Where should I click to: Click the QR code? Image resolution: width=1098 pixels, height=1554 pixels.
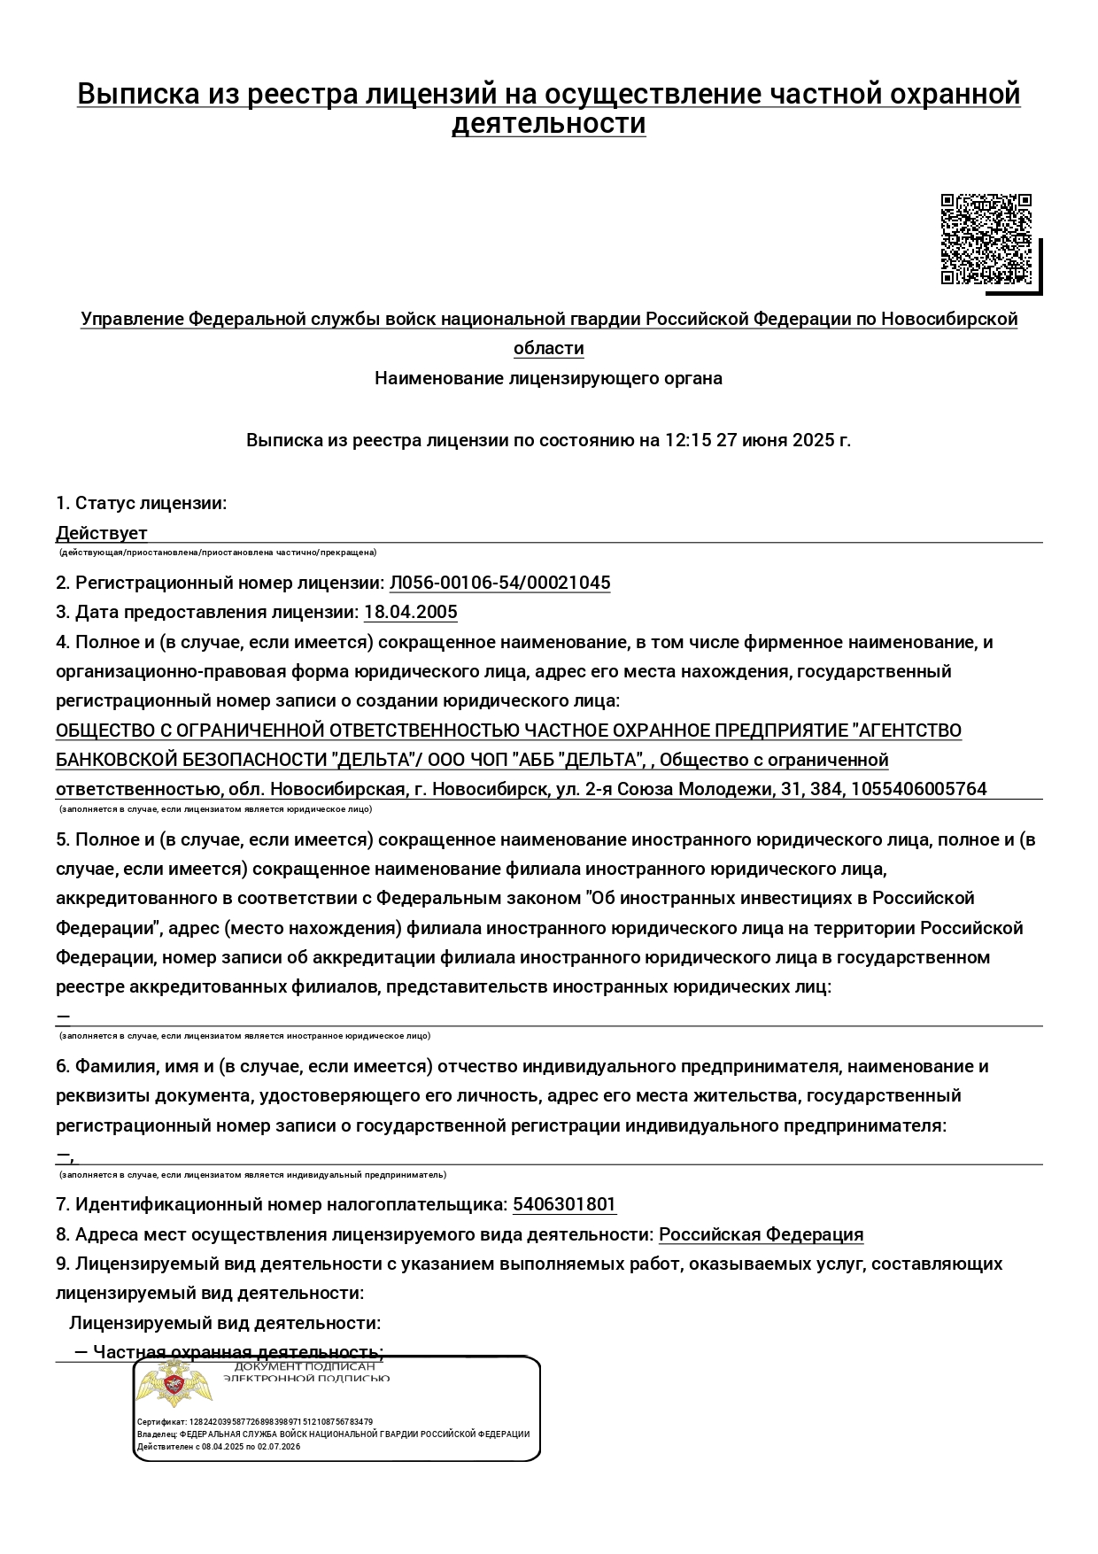point(986,239)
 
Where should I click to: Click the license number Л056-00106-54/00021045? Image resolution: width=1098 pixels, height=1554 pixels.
point(499,583)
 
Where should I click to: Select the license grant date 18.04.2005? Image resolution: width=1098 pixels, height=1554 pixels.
point(410,612)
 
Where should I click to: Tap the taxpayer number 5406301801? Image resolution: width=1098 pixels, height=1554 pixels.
point(564,1204)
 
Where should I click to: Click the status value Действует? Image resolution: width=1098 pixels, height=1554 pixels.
point(101,533)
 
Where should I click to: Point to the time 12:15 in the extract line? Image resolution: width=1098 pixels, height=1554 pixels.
point(688,440)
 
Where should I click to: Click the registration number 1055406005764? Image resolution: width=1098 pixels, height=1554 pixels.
point(918,789)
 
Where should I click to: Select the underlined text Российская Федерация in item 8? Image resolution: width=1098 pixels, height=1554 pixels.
point(761,1234)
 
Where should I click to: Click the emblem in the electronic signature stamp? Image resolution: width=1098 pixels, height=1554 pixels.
point(175,1387)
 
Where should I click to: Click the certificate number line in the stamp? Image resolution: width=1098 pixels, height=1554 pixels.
point(255,1422)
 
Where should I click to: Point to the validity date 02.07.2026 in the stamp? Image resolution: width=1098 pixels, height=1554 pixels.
point(280,1447)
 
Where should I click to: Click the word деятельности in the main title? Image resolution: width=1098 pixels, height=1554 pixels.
point(548,123)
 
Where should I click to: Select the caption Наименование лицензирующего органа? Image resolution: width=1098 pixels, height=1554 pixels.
point(548,378)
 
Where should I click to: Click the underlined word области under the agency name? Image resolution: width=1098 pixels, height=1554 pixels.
point(548,348)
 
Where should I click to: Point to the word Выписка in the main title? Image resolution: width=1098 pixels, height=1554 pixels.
point(138,94)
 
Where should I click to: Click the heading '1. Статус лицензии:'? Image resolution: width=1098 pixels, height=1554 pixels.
point(141,503)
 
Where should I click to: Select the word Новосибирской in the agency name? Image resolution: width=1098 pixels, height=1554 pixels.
point(948,319)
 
